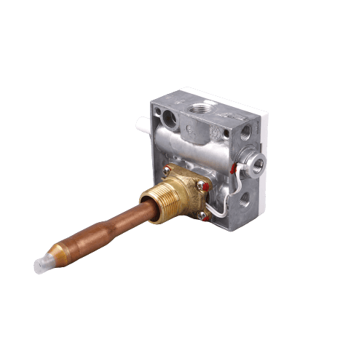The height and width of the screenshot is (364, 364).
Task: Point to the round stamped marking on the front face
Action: tap(216, 132)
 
